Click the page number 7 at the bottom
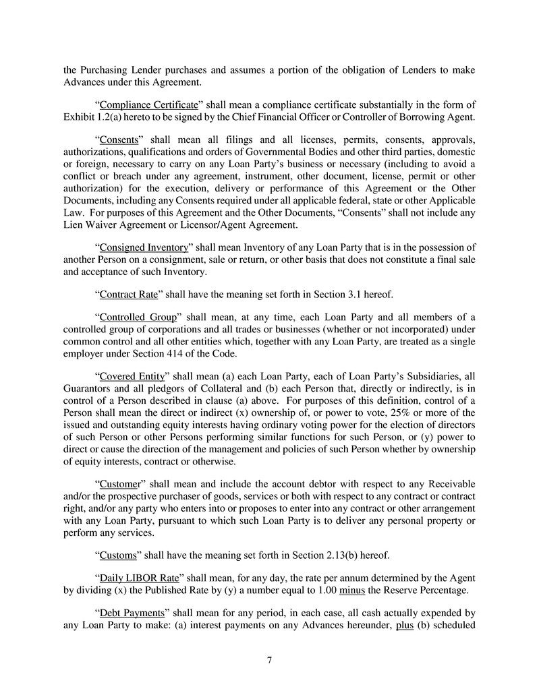(x=269, y=660)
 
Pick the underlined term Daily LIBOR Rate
(x=134, y=579)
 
